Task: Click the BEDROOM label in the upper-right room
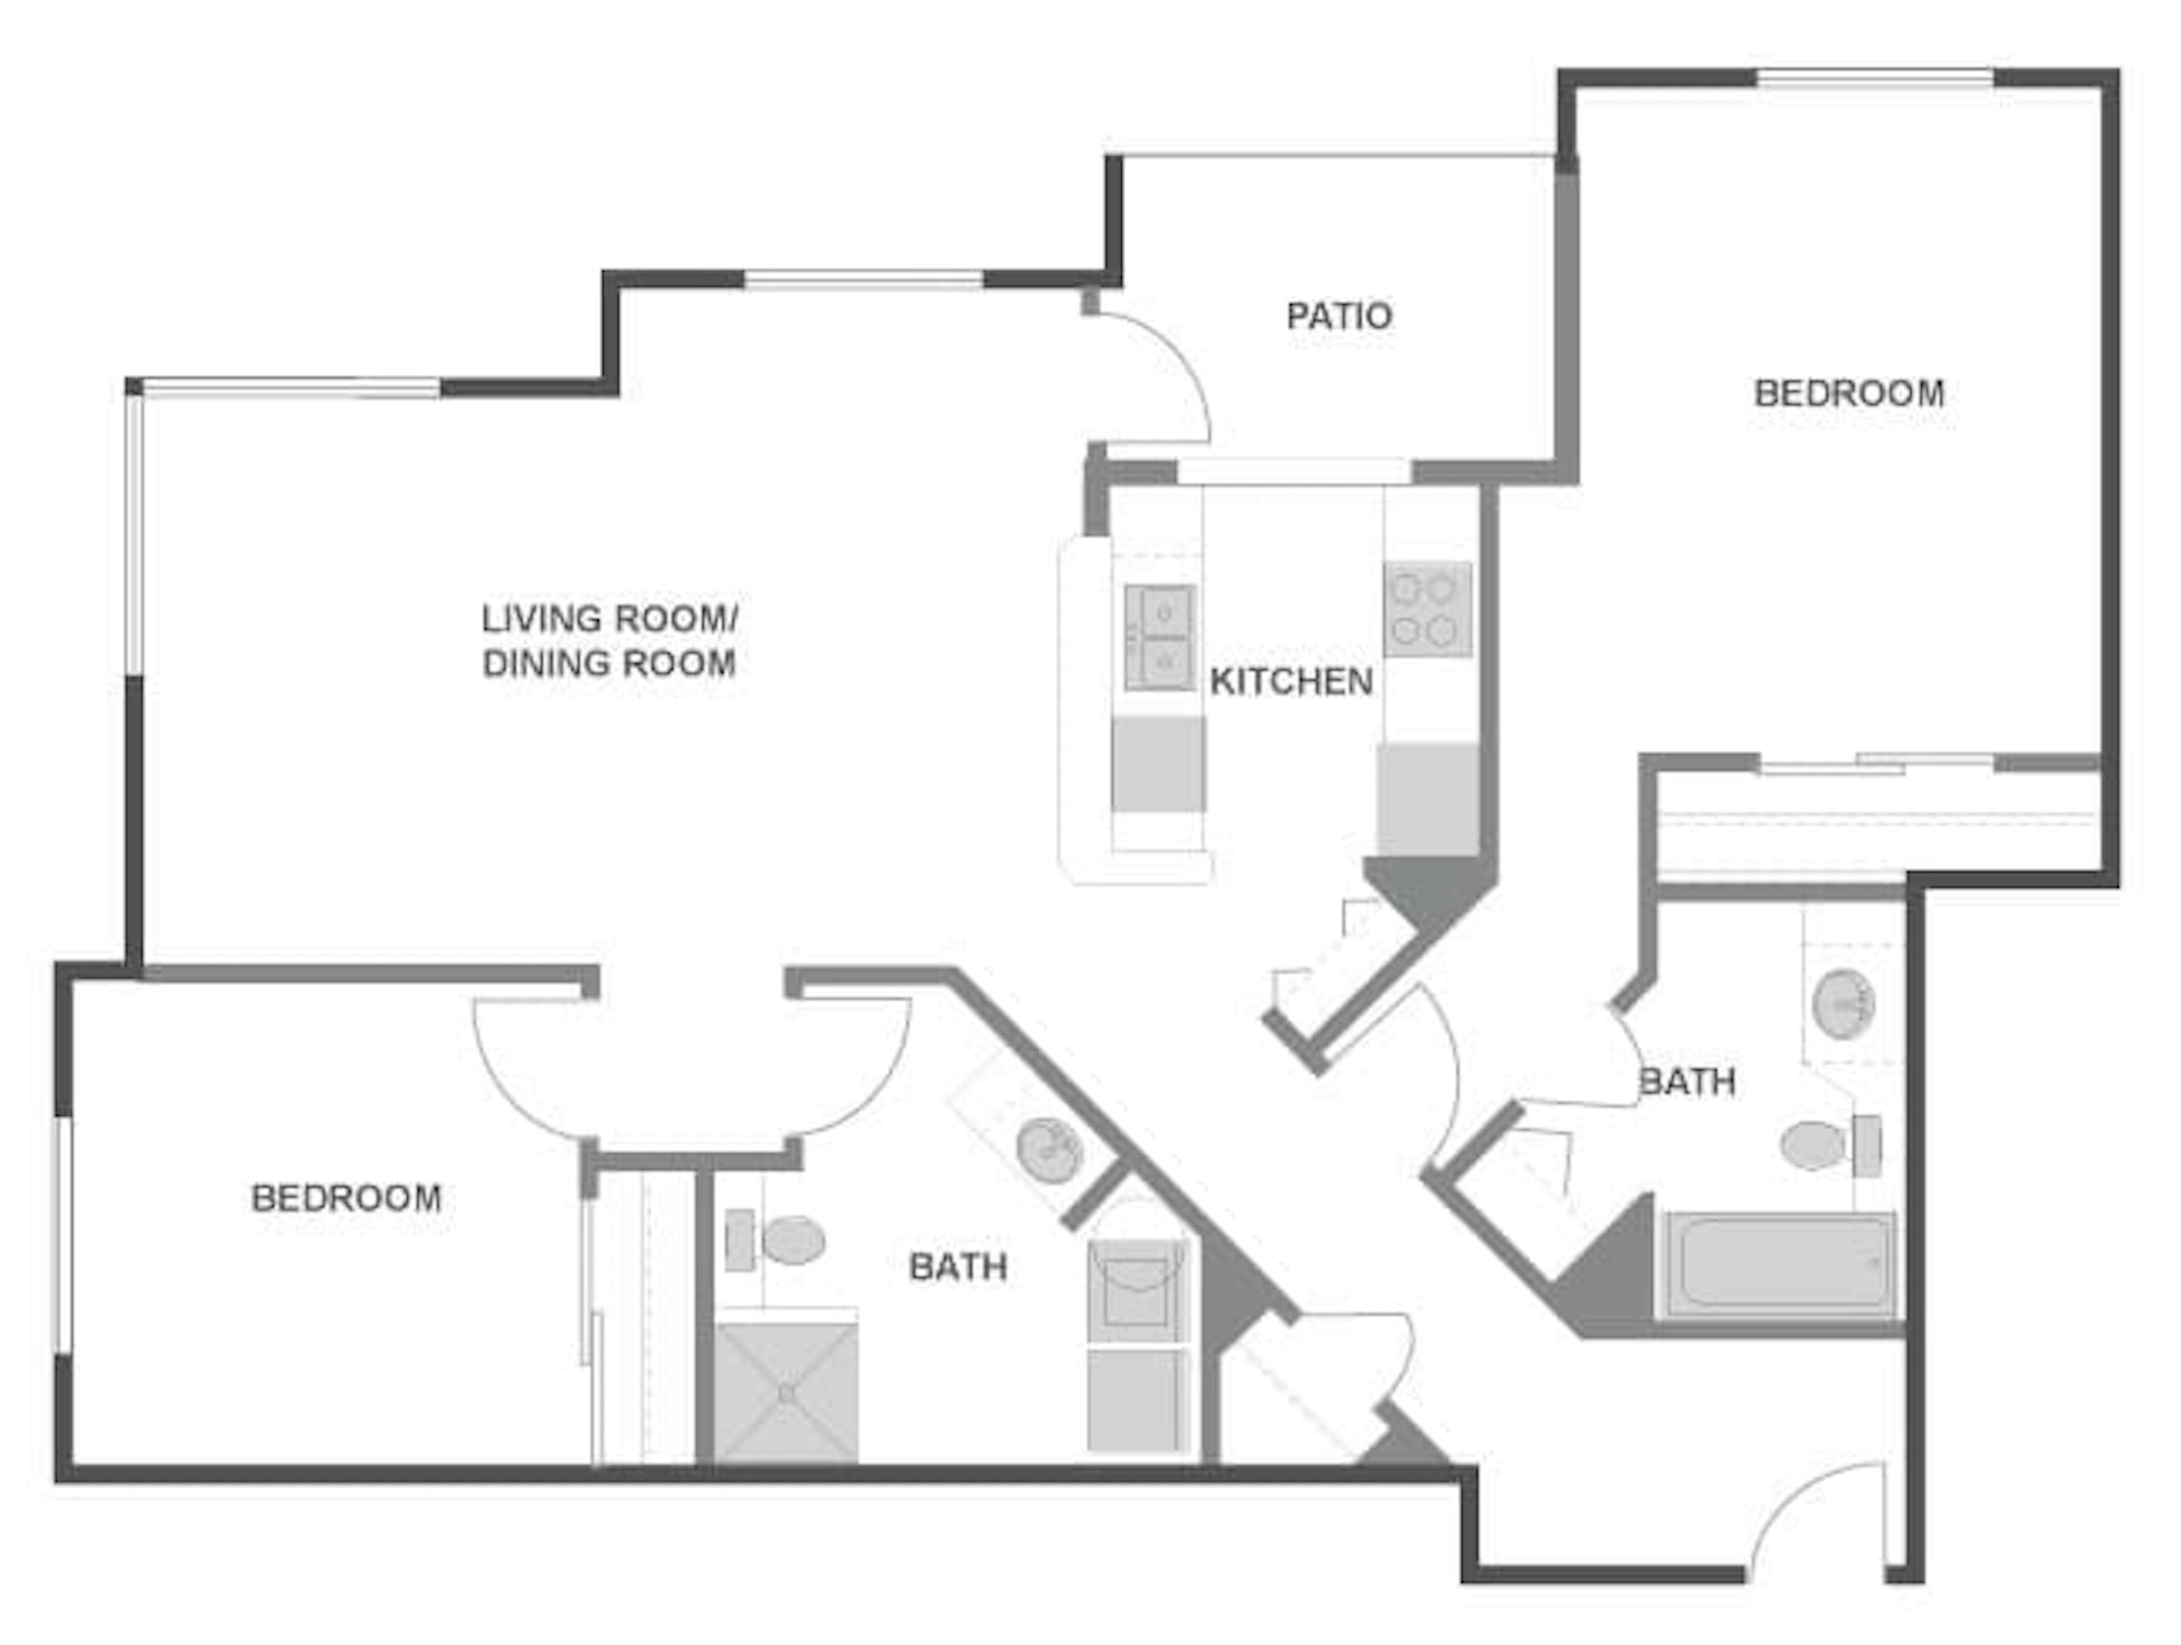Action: (1849, 394)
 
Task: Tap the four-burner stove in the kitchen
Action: (1427, 610)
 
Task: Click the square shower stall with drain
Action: (786, 1393)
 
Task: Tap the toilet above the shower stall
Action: (775, 1240)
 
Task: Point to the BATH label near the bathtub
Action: (1687, 1082)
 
